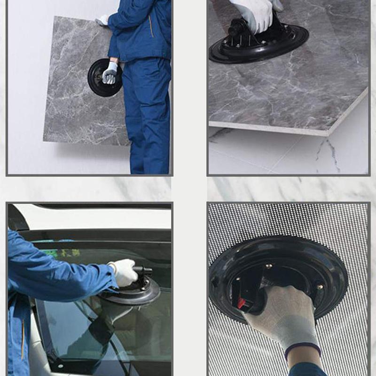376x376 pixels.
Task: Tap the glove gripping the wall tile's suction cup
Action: point(110,72)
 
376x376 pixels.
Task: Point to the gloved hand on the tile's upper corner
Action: point(102,20)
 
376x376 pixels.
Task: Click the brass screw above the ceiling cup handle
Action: point(270,266)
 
